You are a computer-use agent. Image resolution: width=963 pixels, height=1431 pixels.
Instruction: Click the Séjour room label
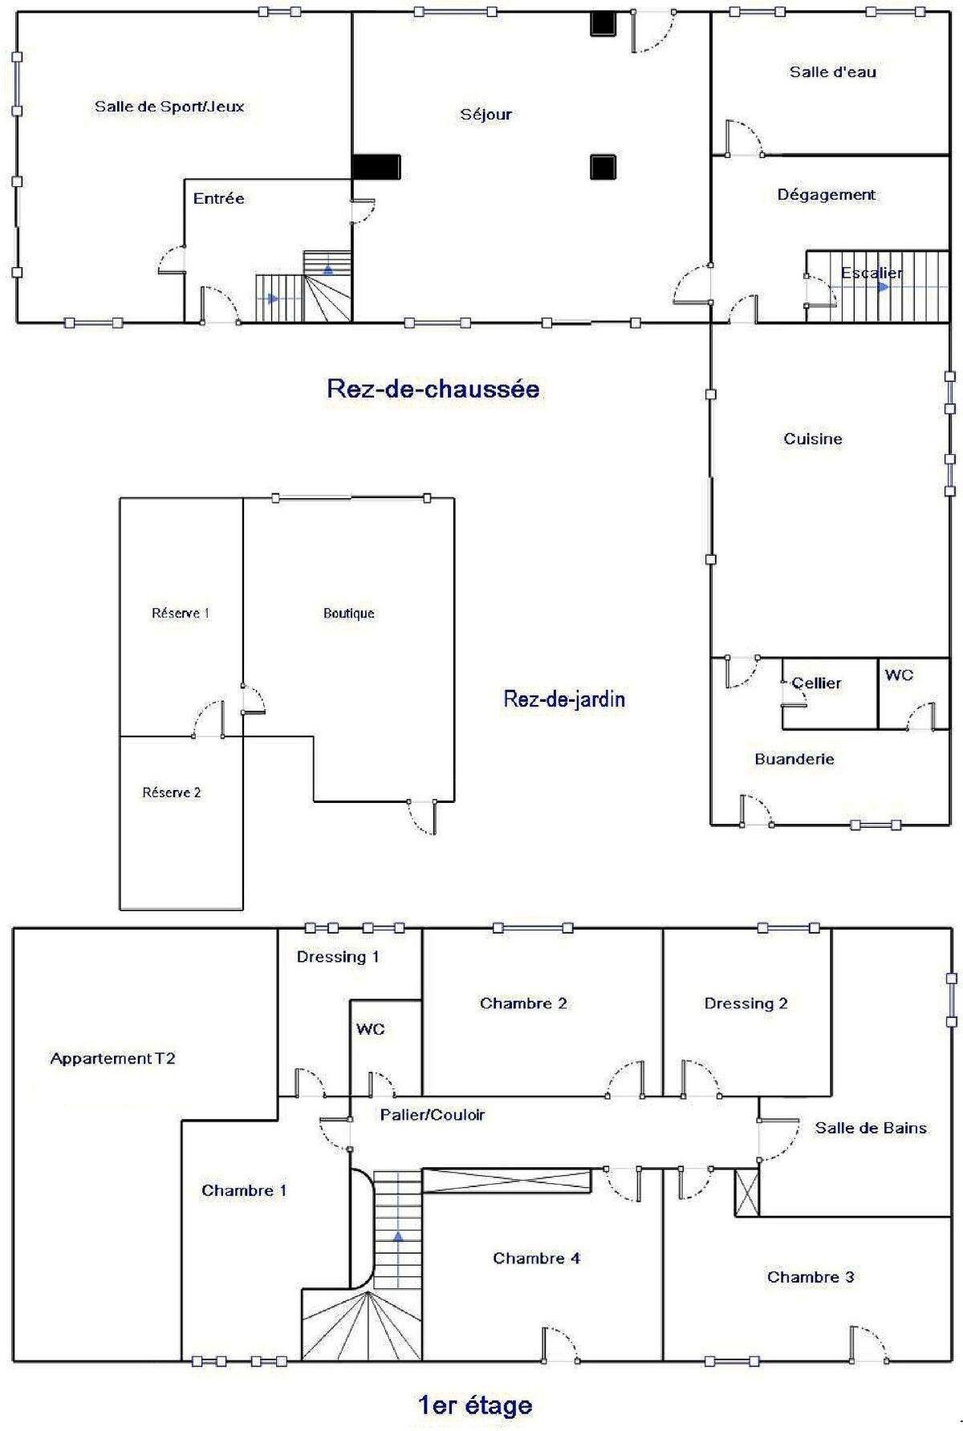click(x=486, y=115)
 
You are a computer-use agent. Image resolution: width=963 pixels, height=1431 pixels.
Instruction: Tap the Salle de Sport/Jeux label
click(x=169, y=107)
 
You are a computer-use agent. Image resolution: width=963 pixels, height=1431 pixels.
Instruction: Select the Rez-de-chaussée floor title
click(x=433, y=389)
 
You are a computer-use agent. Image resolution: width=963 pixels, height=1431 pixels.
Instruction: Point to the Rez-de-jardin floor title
click(x=564, y=699)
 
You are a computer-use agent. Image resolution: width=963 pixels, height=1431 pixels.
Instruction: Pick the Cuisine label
click(x=813, y=439)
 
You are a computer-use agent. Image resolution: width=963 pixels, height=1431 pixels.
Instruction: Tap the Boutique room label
click(x=349, y=614)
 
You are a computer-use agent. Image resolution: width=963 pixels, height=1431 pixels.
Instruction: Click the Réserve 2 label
click(x=172, y=793)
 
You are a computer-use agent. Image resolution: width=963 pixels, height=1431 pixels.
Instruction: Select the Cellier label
click(x=816, y=683)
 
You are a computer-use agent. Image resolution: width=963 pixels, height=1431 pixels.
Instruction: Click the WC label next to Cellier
click(x=899, y=675)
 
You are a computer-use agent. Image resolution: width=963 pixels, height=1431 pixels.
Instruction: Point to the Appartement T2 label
click(x=112, y=1059)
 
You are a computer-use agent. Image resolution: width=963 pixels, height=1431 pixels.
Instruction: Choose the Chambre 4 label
click(x=536, y=1259)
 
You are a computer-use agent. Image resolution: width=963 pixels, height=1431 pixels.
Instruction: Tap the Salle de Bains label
click(x=871, y=1128)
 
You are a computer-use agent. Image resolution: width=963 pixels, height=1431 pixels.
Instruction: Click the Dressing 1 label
click(x=338, y=957)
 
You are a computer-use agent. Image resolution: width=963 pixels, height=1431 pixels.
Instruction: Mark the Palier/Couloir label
click(x=433, y=1115)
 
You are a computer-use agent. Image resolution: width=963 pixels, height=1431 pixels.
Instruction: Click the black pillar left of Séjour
click(x=376, y=167)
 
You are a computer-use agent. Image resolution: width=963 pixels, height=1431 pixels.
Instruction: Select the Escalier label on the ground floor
click(x=872, y=274)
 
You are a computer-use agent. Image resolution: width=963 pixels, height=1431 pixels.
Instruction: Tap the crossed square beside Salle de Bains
click(x=747, y=1193)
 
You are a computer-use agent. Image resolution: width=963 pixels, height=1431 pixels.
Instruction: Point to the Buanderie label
click(x=794, y=759)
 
